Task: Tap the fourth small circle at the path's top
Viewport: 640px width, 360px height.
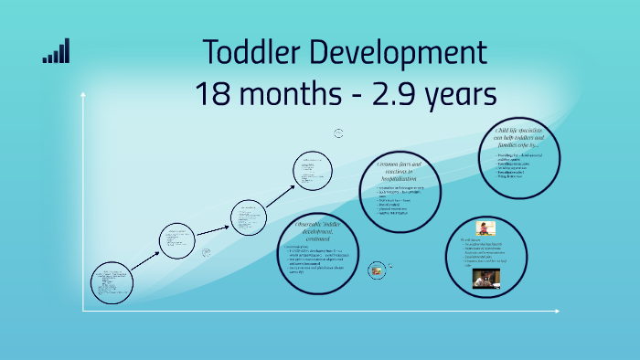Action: pyautogui.click(x=319, y=172)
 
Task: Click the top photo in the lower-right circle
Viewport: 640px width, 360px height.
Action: pyautogui.click(x=485, y=228)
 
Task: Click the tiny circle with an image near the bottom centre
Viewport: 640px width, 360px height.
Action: pyautogui.click(x=376, y=270)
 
